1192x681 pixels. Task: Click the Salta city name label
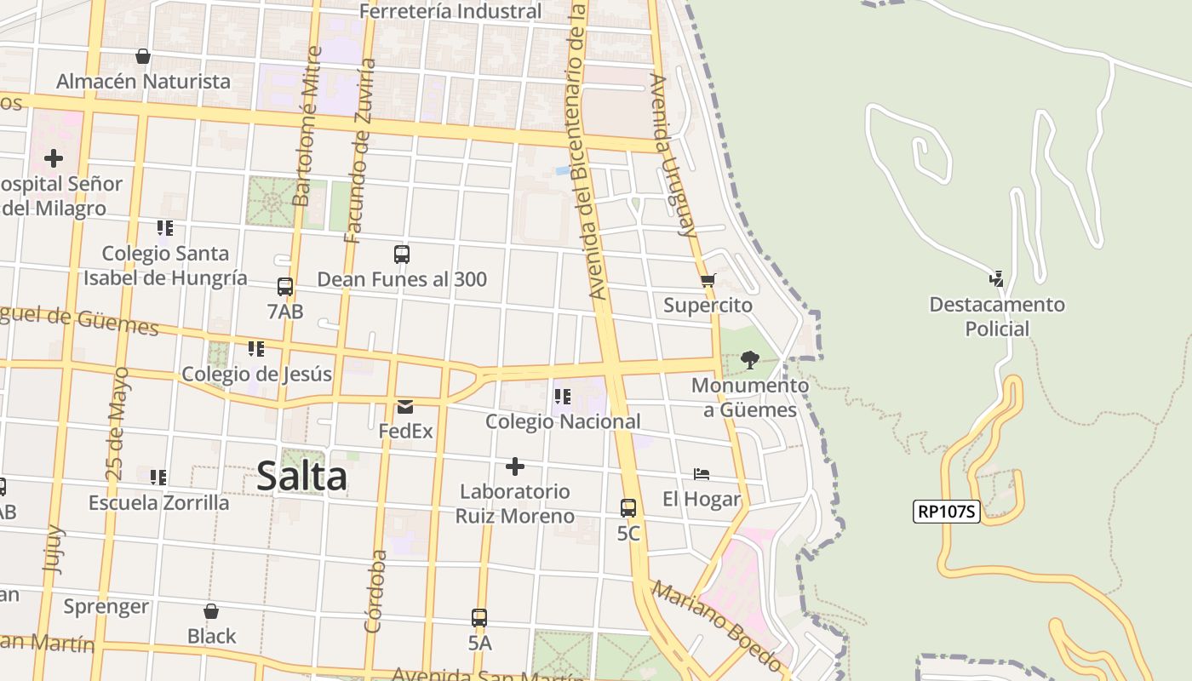click(x=301, y=476)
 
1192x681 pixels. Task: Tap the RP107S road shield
click(x=947, y=512)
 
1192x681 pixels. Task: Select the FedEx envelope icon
click(x=405, y=407)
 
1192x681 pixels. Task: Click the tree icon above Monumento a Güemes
click(x=749, y=360)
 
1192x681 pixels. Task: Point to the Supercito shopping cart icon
click(x=707, y=280)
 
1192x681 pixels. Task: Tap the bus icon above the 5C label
click(x=628, y=508)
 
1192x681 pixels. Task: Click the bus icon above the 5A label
click(x=479, y=618)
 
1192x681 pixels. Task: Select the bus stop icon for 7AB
click(x=285, y=287)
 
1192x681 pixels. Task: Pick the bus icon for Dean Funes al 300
click(x=402, y=255)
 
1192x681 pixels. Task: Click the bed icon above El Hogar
click(x=702, y=474)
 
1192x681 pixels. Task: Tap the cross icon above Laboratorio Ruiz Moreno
click(x=515, y=466)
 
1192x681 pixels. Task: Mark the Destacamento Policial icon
click(x=996, y=279)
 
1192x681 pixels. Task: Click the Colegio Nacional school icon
click(x=562, y=397)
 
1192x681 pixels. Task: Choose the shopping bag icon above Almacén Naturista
click(x=143, y=56)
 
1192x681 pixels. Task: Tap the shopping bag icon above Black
click(x=211, y=611)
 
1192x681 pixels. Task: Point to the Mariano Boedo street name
click(x=717, y=626)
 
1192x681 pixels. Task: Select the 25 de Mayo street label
click(x=118, y=423)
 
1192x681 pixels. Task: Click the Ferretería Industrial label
click(x=450, y=11)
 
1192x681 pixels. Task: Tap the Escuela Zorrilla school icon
click(x=158, y=478)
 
